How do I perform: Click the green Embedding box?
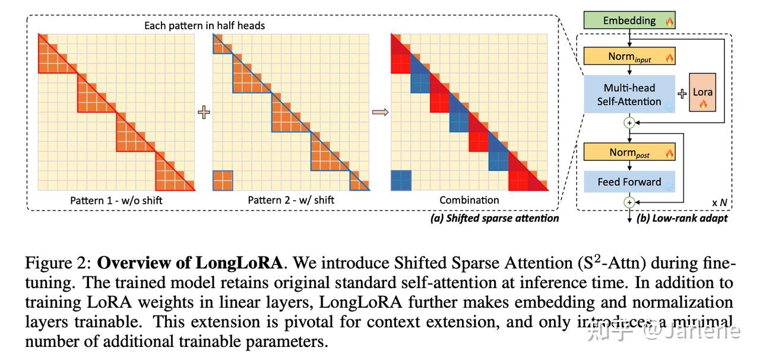[x=629, y=21]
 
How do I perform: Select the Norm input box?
[x=629, y=56]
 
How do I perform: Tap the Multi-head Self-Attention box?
[x=629, y=94]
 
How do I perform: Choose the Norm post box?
[x=629, y=153]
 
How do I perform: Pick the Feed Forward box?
[x=629, y=182]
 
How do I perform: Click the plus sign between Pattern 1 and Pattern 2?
[x=204, y=112]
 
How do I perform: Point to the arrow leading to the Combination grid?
[x=380, y=112]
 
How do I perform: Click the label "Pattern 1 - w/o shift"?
[x=116, y=200]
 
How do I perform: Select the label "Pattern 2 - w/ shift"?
[x=291, y=200]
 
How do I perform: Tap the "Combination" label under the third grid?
[x=469, y=200]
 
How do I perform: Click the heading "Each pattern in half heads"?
[x=205, y=26]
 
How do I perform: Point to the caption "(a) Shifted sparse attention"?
[x=495, y=218]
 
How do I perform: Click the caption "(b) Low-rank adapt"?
[x=682, y=218]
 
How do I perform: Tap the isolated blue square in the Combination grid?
[x=401, y=180]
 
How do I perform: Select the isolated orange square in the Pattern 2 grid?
[x=223, y=180]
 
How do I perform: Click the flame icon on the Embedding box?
[x=670, y=21]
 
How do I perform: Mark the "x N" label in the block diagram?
[x=719, y=202]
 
